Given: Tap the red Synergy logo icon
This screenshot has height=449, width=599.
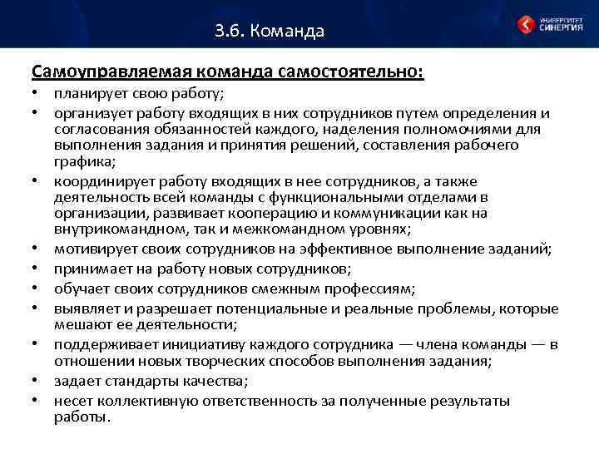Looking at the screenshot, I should [527, 24].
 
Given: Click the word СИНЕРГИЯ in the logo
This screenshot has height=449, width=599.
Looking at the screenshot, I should [561, 27].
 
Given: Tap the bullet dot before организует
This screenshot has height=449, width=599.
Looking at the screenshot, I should [37, 113].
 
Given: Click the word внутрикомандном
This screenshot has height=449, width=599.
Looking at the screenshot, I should [113, 229].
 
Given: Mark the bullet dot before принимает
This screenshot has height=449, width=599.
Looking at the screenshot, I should [37, 269].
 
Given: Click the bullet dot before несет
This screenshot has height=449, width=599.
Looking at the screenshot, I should [37, 401].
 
